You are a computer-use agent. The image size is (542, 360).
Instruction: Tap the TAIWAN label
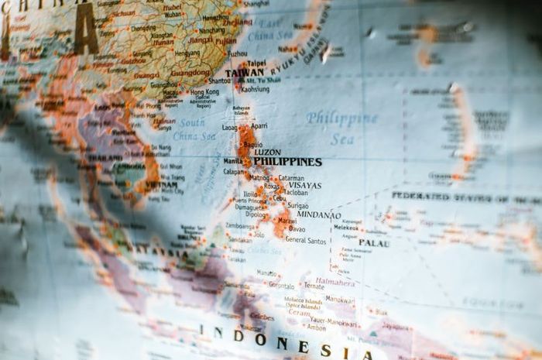coord(244,73)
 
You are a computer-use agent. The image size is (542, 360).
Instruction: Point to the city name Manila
coord(232,161)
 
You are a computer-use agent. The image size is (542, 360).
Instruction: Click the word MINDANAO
coord(318,215)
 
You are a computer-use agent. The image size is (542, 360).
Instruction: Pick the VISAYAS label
coord(304,186)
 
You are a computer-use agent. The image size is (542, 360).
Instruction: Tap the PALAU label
coord(374,243)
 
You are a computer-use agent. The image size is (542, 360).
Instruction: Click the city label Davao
coord(297,229)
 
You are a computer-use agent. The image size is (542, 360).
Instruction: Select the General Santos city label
coord(306,241)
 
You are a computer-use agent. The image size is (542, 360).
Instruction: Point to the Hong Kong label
coord(205,91)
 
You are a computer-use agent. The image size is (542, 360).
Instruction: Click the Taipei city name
coord(256,63)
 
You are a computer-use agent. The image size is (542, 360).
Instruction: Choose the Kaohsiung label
coord(255,89)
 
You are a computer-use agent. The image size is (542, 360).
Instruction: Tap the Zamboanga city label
coord(239,226)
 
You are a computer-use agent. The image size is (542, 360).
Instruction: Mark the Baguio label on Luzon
coord(252,144)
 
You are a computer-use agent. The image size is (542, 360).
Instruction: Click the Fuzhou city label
coord(237,54)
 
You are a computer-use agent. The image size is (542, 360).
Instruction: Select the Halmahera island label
coord(335,282)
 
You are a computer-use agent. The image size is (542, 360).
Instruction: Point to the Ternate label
coord(314,286)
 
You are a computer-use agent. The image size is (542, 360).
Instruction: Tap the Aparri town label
coord(259,125)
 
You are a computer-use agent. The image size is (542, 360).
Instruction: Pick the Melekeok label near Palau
coord(346,228)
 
